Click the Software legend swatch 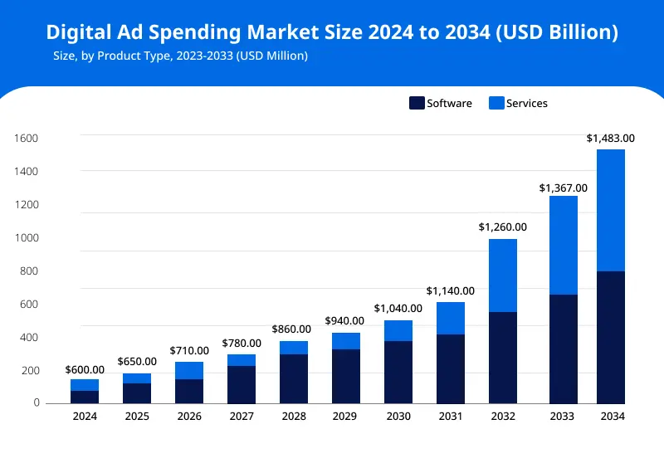click(417, 104)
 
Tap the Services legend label click(527, 104)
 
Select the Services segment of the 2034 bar click(610, 210)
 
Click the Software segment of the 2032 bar click(502, 358)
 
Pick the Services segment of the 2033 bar click(558, 245)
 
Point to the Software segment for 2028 click(294, 378)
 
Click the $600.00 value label click(85, 370)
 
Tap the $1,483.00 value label click(610, 139)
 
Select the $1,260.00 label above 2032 click(502, 227)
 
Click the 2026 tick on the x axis click(188, 416)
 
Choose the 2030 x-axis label click(398, 416)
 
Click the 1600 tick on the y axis click(27, 139)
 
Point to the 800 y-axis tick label click(29, 271)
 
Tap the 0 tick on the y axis click(36, 403)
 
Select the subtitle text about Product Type click(180, 56)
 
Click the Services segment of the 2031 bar click(450, 318)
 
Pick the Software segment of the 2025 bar click(137, 393)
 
